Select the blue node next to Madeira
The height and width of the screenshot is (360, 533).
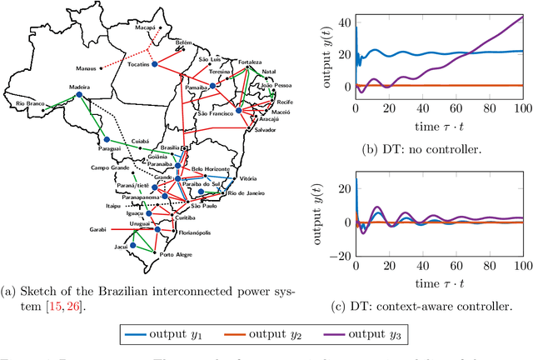[80, 95]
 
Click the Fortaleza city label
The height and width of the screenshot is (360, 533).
[250, 62]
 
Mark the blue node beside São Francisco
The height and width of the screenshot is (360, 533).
[238, 109]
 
